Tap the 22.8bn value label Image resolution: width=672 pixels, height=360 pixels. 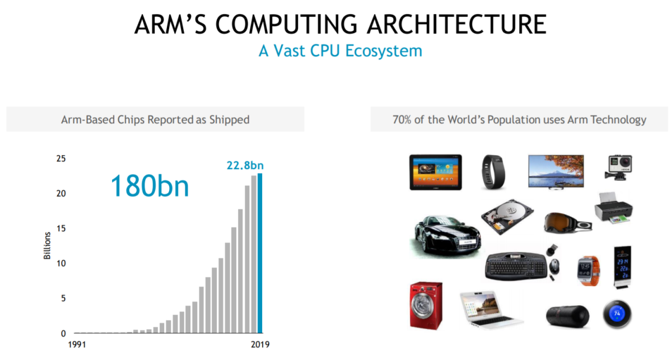click(245, 165)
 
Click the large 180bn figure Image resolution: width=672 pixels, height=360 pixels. click(150, 186)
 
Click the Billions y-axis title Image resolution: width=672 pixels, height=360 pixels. click(48, 246)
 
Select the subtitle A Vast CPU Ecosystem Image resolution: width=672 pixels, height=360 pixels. click(340, 51)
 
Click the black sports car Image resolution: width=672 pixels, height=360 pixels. click(446, 232)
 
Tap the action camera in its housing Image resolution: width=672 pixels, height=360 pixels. click(618, 167)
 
